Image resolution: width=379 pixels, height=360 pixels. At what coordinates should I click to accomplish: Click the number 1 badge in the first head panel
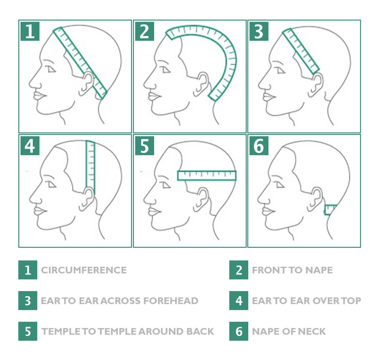tap(30, 31)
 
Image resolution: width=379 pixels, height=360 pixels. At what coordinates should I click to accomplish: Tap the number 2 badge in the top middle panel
tap(144, 31)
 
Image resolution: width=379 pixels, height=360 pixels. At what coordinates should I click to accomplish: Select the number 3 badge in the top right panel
tap(259, 31)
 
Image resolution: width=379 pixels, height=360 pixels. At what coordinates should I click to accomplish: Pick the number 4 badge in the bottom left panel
tap(30, 146)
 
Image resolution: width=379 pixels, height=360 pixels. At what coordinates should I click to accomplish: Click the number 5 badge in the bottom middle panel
tap(144, 146)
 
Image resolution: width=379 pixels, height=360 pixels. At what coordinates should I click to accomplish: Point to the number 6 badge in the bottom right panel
tap(259, 146)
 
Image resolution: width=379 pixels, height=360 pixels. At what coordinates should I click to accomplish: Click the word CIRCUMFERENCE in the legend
tap(84, 270)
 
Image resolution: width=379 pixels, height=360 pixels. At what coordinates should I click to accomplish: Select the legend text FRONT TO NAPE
tap(292, 270)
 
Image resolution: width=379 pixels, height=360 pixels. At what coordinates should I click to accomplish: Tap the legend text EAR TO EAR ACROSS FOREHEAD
tap(119, 301)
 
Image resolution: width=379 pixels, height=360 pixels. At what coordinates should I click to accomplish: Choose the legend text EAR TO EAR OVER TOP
tap(306, 301)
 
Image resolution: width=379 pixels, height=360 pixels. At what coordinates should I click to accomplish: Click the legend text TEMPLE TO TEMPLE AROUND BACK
tap(128, 331)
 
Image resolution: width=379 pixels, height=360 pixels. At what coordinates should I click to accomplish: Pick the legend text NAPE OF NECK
tap(289, 331)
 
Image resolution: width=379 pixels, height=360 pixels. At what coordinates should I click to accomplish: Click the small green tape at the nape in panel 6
tap(330, 210)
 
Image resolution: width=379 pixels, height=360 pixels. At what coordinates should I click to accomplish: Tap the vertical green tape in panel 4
tap(90, 164)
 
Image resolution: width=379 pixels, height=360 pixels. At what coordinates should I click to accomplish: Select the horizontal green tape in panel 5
tap(207, 175)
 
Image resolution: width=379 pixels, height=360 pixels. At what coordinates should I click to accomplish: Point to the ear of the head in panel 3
tap(317, 84)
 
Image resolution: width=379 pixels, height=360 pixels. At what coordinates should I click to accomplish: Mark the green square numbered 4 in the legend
tap(239, 301)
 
